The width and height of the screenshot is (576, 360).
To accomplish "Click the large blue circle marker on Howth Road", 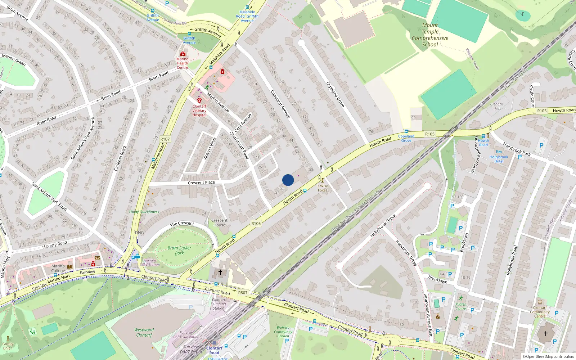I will pos(288,180).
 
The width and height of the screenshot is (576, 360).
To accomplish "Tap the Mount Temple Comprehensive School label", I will pos(430,35).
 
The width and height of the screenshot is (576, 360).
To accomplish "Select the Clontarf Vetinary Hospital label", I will pos(199,111).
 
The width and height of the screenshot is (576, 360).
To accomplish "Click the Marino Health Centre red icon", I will pos(183,54).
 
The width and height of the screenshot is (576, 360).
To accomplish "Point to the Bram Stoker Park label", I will pos(179,250).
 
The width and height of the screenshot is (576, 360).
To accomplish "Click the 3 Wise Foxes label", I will pos(323,188).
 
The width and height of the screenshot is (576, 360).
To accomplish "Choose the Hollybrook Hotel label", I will pos(499,159).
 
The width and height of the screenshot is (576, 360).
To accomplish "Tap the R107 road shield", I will pos(165,139).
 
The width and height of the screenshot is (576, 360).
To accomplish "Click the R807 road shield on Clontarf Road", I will pos(243,293).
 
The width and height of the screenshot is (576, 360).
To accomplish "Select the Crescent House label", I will pos(219,222).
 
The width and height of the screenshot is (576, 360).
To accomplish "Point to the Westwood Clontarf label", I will pos(144,332).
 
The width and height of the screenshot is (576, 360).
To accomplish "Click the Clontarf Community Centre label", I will pos(540,312).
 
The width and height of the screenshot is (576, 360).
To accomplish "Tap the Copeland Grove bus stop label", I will pos(406,138).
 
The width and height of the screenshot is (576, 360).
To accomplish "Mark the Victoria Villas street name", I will pos(210,148).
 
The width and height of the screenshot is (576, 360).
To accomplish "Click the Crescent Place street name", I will pos(201,183).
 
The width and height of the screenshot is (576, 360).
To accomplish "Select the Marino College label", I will pos(58,268).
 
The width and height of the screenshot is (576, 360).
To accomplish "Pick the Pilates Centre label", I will pos(460,306).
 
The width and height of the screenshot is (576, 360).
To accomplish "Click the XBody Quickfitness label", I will pos(144,212).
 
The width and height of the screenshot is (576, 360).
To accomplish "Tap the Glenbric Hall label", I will pos(497,106).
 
